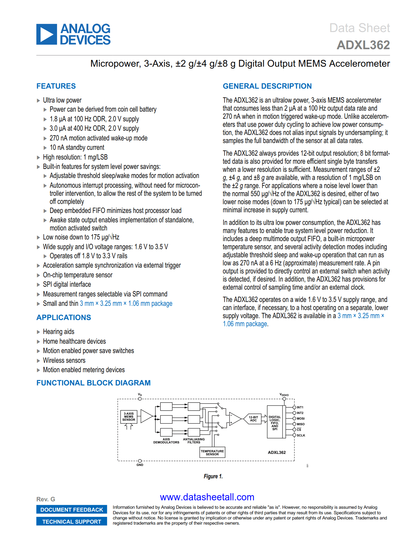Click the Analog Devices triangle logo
pyautogui.click(x=47, y=34)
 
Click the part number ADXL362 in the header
pyautogui.click(x=363, y=45)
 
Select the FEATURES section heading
pyautogui.click(x=56, y=86)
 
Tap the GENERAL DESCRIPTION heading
pyautogui.click(x=267, y=86)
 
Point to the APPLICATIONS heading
pyautogui.click(x=63, y=317)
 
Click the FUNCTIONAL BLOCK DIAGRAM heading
pyautogui.click(x=93, y=383)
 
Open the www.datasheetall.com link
pyautogui.click(x=207, y=497)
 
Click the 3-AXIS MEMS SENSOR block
pyautogui.click(x=129, y=417)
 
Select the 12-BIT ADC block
pyautogui.click(x=253, y=419)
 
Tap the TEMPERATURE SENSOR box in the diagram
pyautogui.click(x=212, y=452)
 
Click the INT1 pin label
pyautogui.click(x=300, y=407)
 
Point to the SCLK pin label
pyautogui.click(x=301, y=435)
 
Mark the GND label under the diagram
pyautogui.click(x=140, y=465)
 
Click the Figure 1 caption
pyautogui.click(x=213, y=476)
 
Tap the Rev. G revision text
pyautogui.click(x=46, y=499)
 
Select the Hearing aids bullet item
pyautogui.click(x=59, y=332)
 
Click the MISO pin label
pyautogui.click(x=301, y=424)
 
